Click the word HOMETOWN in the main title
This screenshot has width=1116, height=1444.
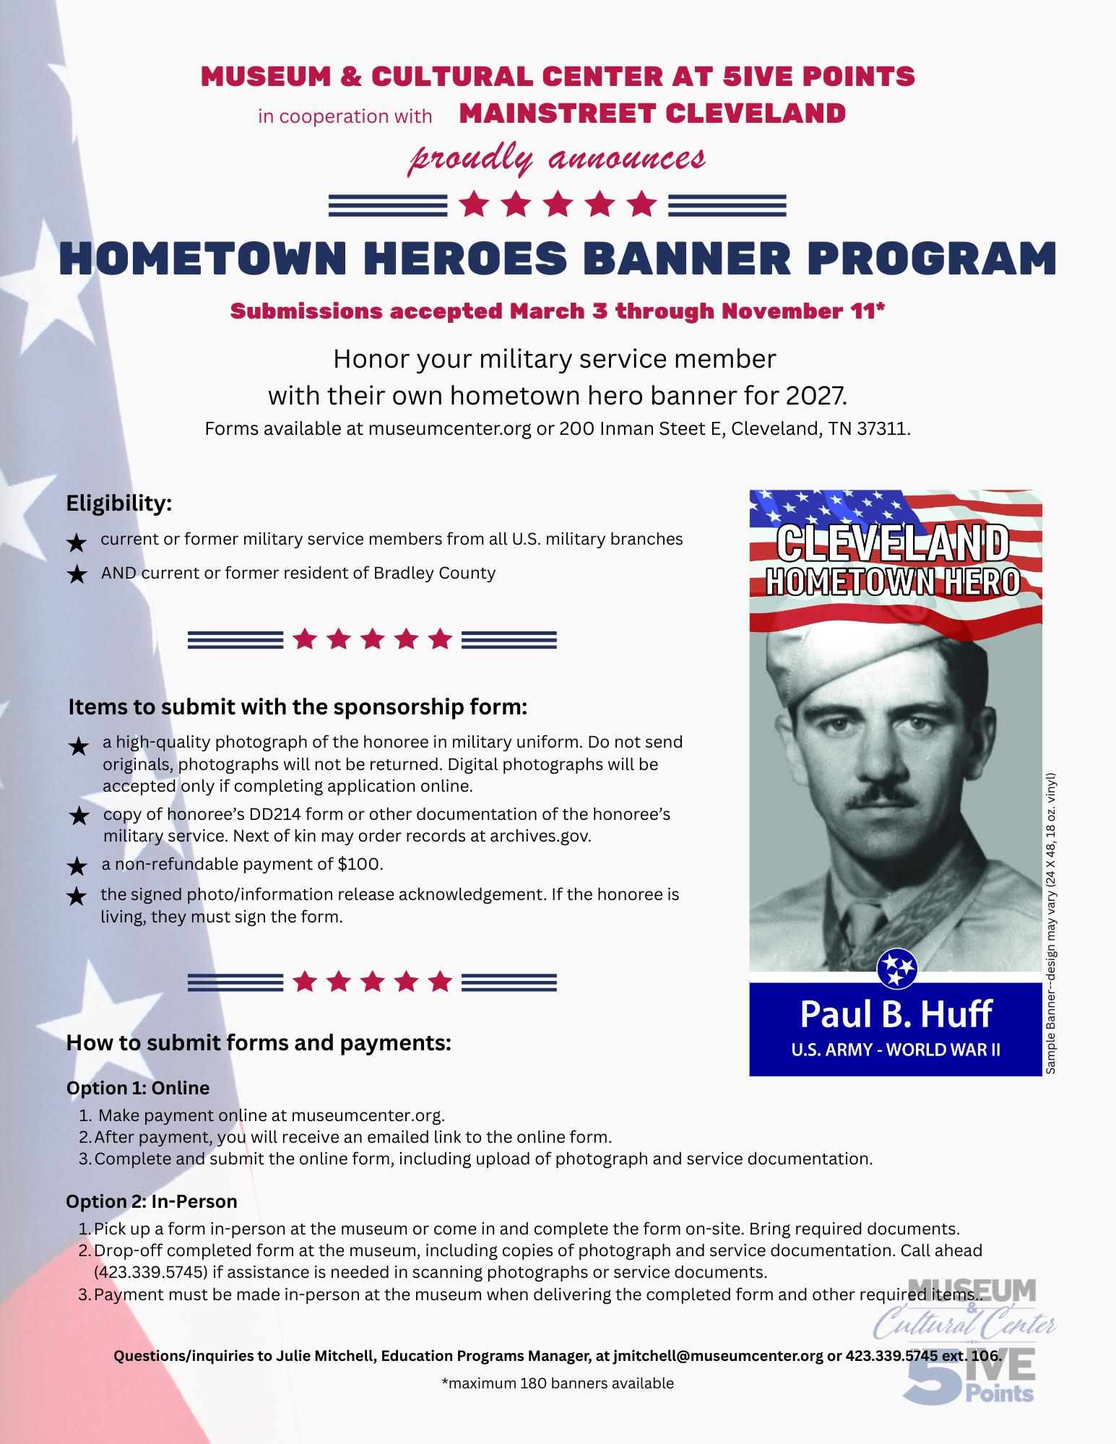(x=204, y=258)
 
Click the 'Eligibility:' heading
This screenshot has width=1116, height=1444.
(x=119, y=503)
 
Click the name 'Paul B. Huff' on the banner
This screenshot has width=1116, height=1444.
(x=896, y=1014)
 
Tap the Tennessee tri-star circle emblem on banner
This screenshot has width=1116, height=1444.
(x=897, y=968)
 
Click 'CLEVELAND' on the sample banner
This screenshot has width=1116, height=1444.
(x=893, y=542)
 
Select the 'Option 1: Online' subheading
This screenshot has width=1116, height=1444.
(x=138, y=1088)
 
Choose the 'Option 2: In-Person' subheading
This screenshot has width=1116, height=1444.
(x=152, y=1201)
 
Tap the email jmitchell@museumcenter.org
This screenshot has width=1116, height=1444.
(x=718, y=1356)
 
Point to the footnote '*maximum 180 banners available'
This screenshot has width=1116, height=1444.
(x=558, y=1383)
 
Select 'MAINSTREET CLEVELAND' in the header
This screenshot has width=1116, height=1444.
(x=652, y=113)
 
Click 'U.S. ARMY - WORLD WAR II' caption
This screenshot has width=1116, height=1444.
(x=896, y=1050)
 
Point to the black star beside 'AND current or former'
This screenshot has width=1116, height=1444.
(x=77, y=574)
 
